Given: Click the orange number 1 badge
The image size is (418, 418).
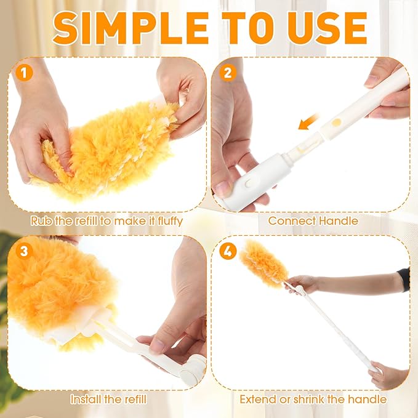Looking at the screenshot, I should click(x=24, y=73).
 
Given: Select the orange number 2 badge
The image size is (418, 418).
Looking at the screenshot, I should click(x=228, y=73).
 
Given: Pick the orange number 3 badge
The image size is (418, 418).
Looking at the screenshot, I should click(x=24, y=251).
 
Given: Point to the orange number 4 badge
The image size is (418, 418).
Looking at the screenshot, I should click(x=228, y=251).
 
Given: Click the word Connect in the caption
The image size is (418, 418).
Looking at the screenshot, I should click(x=290, y=220).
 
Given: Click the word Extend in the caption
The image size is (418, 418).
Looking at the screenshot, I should click(x=258, y=399).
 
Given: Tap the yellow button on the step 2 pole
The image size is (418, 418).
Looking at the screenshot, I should click(x=336, y=123).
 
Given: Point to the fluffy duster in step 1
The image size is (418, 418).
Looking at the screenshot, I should click(x=111, y=145).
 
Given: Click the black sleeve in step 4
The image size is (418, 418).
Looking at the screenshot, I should click(x=404, y=279).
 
